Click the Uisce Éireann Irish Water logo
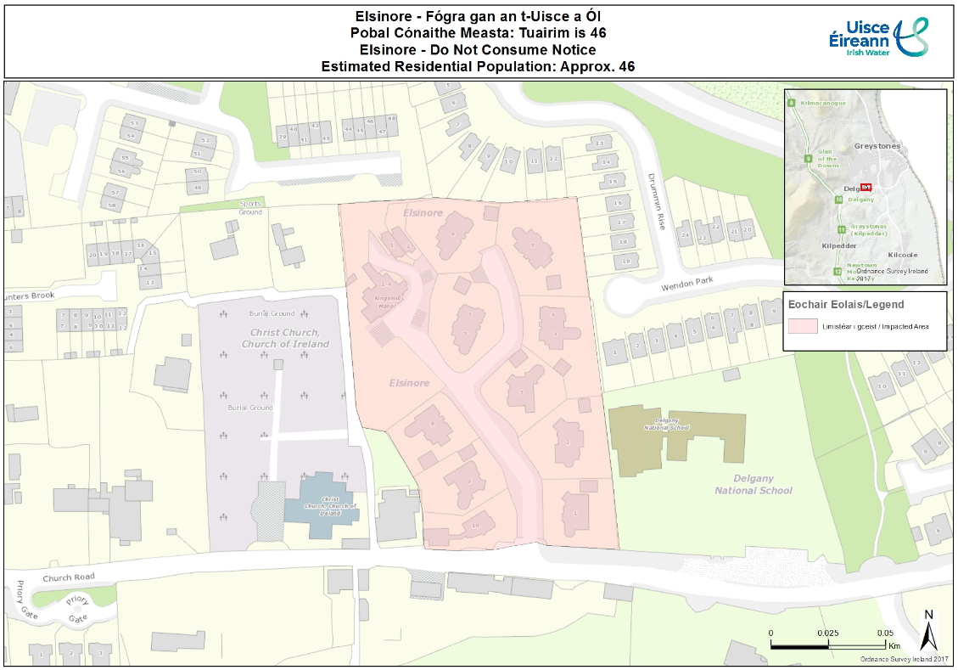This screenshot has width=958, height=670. (x=877, y=37)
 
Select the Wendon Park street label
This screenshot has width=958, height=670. (x=688, y=284)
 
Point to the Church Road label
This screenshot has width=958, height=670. (x=68, y=577)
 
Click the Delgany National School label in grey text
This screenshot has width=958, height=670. (x=753, y=485)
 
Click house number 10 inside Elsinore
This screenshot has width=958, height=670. (x=475, y=526)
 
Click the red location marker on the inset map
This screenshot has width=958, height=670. (x=866, y=187)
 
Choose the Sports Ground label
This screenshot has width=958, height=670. (x=251, y=208)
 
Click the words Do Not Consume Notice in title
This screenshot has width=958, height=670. (x=519, y=49)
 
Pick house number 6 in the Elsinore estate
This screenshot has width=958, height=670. (x=532, y=246)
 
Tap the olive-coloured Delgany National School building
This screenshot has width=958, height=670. (x=679, y=437)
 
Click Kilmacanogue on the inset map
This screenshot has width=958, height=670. (x=822, y=103)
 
